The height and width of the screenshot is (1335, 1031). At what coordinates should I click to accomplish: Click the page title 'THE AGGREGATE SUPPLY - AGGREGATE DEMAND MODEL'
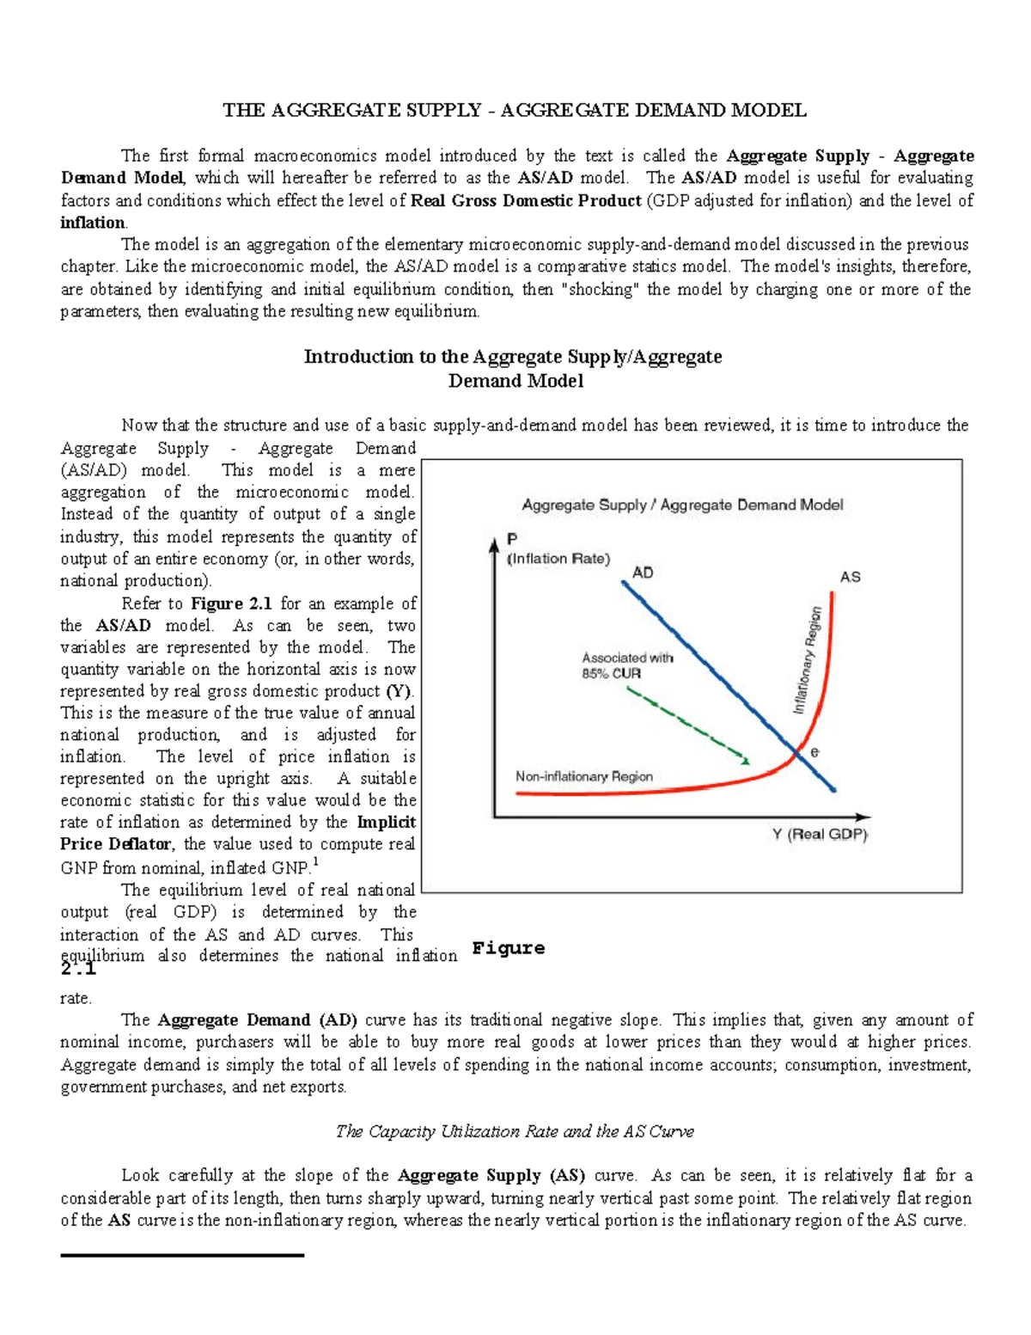(x=515, y=110)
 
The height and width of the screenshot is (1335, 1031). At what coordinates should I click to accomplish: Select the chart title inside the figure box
(x=682, y=505)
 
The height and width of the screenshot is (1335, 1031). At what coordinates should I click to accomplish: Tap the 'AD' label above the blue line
(x=643, y=573)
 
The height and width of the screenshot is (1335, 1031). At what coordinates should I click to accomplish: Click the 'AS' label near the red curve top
(x=850, y=577)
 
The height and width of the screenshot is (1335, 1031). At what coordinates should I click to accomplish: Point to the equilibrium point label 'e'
(x=814, y=752)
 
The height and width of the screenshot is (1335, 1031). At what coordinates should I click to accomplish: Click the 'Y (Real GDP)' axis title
(x=820, y=834)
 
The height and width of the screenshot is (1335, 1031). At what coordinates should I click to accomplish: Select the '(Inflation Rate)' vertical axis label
(x=558, y=559)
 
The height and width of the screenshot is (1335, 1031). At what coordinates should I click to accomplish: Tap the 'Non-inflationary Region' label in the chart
(x=584, y=776)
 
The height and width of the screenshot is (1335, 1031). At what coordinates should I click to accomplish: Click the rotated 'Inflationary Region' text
(x=808, y=660)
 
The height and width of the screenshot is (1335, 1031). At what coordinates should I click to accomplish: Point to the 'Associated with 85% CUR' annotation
(x=627, y=665)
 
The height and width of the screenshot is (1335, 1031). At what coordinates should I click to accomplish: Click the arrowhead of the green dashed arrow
(x=745, y=759)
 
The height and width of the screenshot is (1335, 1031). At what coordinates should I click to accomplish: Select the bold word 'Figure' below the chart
(x=509, y=948)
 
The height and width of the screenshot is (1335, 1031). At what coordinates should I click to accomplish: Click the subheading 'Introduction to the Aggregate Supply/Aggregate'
(x=513, y=357)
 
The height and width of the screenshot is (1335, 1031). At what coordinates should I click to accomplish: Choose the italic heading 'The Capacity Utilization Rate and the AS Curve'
(x=515, y=1131)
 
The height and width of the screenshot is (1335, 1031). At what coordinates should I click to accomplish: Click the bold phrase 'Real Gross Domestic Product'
(x=526, y=200)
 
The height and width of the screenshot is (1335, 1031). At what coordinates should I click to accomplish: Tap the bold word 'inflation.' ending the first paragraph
(x=94, y=223)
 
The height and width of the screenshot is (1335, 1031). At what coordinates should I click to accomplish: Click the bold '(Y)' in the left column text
(x=400, y=691)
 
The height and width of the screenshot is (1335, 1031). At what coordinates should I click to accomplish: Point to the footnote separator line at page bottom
(x=182, y=1256)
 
